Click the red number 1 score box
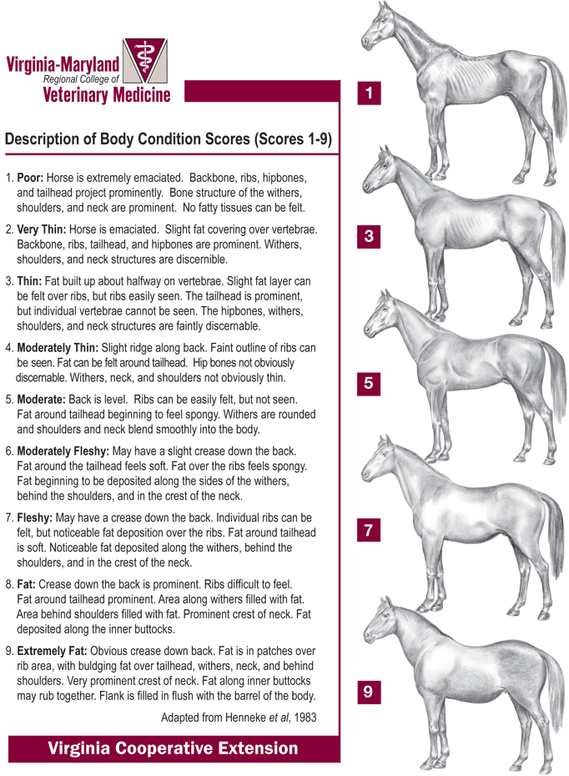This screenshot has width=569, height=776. tap(368, 93)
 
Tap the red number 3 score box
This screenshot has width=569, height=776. tap(368, 238)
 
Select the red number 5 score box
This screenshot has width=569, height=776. tap(368, 384)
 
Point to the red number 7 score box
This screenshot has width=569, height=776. tap(368, 530)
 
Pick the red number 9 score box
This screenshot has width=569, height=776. tap(368, 692)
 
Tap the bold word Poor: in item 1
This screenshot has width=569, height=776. tap(31, 179)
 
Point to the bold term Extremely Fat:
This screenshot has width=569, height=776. tap(52, 650)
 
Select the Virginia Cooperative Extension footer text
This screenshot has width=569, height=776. tap(173, 748)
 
